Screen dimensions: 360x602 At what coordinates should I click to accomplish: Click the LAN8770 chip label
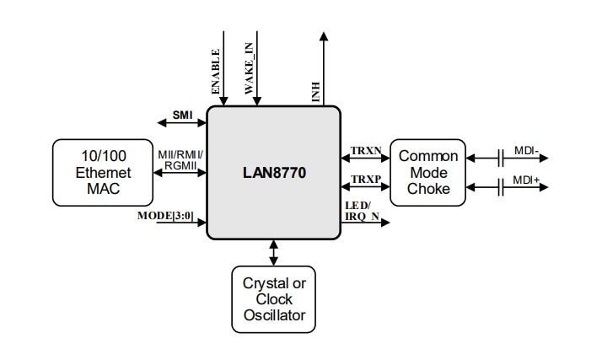click(273, 173)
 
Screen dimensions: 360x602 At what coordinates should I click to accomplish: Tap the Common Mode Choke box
click(428, 173)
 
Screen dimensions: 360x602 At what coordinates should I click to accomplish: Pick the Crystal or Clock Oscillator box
click(274, 299)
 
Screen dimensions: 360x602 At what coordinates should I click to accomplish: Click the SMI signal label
click(182, 114)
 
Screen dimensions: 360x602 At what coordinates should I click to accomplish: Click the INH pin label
click(316, 92)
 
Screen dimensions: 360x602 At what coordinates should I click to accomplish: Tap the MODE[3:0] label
click(165, 216)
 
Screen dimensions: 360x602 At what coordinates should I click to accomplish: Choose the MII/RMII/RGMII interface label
click(180, 160)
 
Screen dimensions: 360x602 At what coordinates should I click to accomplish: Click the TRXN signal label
click(366, 150)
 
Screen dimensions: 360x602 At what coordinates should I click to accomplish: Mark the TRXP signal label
click(366, 180)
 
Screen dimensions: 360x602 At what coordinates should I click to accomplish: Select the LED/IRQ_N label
click(364, 212)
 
